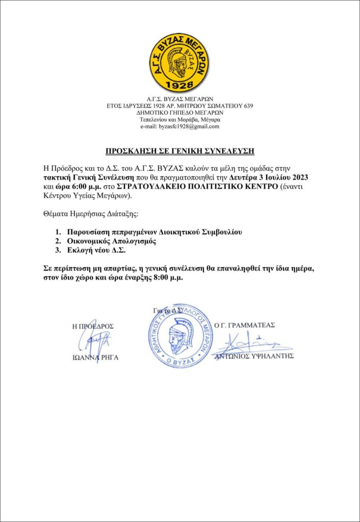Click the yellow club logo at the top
point(179,59)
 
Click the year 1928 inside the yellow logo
point(179,83)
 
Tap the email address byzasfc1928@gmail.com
point(179,126)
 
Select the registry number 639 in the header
point(247,106)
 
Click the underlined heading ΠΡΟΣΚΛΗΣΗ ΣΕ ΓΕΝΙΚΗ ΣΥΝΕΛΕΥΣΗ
point(179,151)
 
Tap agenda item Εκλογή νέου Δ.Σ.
point(100,251)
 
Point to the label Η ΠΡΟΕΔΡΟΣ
point(93,326)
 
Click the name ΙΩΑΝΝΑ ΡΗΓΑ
point(96,357)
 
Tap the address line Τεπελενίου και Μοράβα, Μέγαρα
point(179,119)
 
